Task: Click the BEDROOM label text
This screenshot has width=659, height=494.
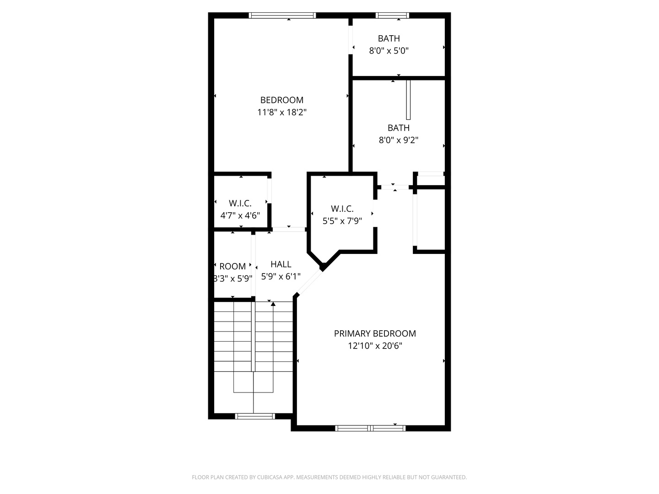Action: click(x=281, y=100)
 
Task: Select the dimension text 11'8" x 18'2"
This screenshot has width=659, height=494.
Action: click(x=281, y=112)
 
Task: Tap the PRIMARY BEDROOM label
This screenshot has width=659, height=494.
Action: click(x=375, y=333)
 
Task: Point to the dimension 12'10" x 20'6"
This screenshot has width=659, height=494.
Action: click(x=375, y=346)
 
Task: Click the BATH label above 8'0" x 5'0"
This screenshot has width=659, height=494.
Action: click(x=389, y=38)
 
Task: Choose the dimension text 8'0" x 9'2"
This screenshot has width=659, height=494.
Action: click(x=399, y=140)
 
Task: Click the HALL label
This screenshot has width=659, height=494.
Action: click(x=281, y=264)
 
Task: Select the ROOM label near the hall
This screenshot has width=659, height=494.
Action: click(x=232, y=266)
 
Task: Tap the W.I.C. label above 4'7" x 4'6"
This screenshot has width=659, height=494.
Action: click(x=240, y=204)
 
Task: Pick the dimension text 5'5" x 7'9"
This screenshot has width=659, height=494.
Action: click(x=342, y=221)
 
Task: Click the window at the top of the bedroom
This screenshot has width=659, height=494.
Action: click(x=282, y=15)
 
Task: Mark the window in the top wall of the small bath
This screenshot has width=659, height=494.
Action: click(x=392, y=15)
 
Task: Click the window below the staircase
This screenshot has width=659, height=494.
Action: click(x=255, y=416)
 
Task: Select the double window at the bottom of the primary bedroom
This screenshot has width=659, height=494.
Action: click(x=370, y=428)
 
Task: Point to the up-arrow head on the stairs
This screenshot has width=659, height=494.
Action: click(x=273, y=304)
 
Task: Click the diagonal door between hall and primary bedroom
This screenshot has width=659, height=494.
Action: click(x=308, y=282)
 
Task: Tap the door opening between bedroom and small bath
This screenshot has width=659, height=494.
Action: click(x=351, y=40)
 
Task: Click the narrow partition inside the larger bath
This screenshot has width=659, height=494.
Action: click(x=408, y=100)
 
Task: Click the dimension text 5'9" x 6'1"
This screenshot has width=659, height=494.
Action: click(x=281, y=277)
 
